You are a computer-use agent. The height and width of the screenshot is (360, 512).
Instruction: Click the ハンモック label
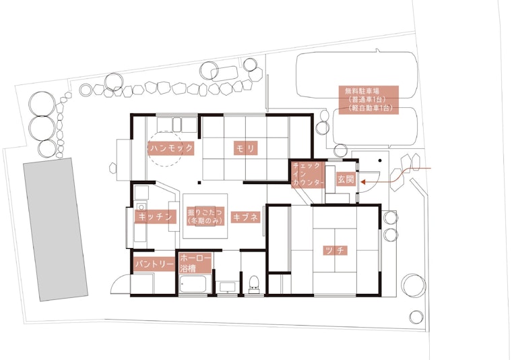[171, 148]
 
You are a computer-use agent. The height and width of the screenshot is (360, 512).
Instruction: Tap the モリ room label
[245, 148]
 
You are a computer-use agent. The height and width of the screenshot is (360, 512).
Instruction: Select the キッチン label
[156, 216]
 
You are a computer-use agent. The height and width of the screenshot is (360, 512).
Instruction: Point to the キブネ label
[245, 218]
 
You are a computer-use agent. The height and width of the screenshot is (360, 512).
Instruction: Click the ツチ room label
[334, 251]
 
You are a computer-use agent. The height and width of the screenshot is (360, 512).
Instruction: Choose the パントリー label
[155, 264]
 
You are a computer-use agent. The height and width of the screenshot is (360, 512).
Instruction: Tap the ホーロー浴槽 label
[195, 264]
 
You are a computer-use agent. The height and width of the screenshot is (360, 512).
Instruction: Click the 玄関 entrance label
[346, 179]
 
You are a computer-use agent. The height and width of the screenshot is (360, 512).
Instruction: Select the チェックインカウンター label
[308, 174]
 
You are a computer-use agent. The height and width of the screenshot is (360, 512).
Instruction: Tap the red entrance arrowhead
[363, 182]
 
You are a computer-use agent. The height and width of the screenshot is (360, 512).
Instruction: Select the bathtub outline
[193, 284]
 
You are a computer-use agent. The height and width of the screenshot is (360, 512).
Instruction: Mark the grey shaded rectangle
[55, 230]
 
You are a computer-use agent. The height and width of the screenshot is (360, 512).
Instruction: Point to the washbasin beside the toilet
[227, 287]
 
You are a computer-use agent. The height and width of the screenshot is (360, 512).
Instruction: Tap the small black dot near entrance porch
[380, 160]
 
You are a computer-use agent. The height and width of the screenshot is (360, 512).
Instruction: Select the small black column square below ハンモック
[199, 182]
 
